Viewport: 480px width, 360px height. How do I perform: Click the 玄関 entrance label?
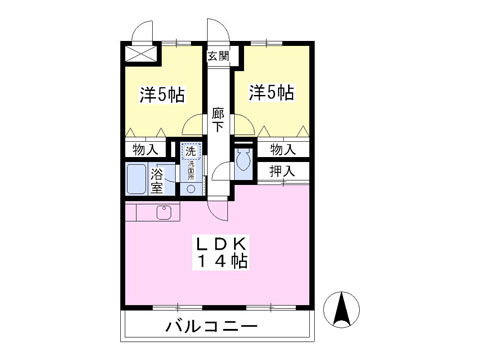217,57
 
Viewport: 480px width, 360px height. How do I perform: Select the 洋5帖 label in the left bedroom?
161,95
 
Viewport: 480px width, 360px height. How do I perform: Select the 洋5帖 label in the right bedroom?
271,94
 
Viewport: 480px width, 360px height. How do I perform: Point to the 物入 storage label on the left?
145,149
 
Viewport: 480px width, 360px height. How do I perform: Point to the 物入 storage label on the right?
283,149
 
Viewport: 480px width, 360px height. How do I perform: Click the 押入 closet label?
283,171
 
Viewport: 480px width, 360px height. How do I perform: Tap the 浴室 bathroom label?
158,181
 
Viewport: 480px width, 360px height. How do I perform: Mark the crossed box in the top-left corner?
141,54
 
